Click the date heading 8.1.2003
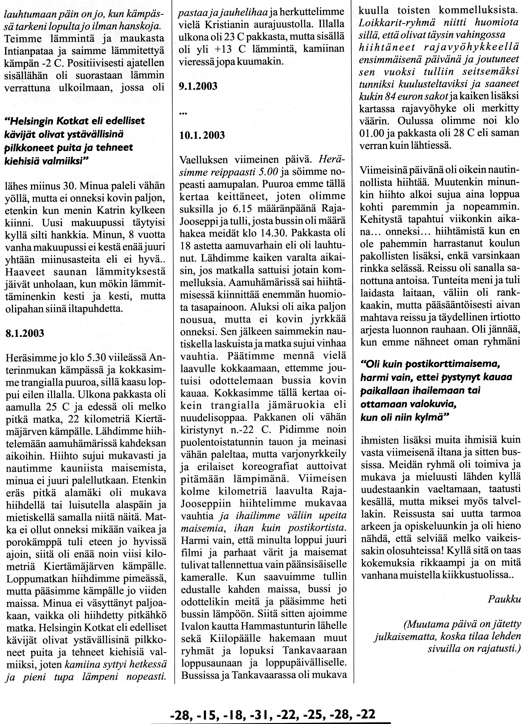tap(25, 334)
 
